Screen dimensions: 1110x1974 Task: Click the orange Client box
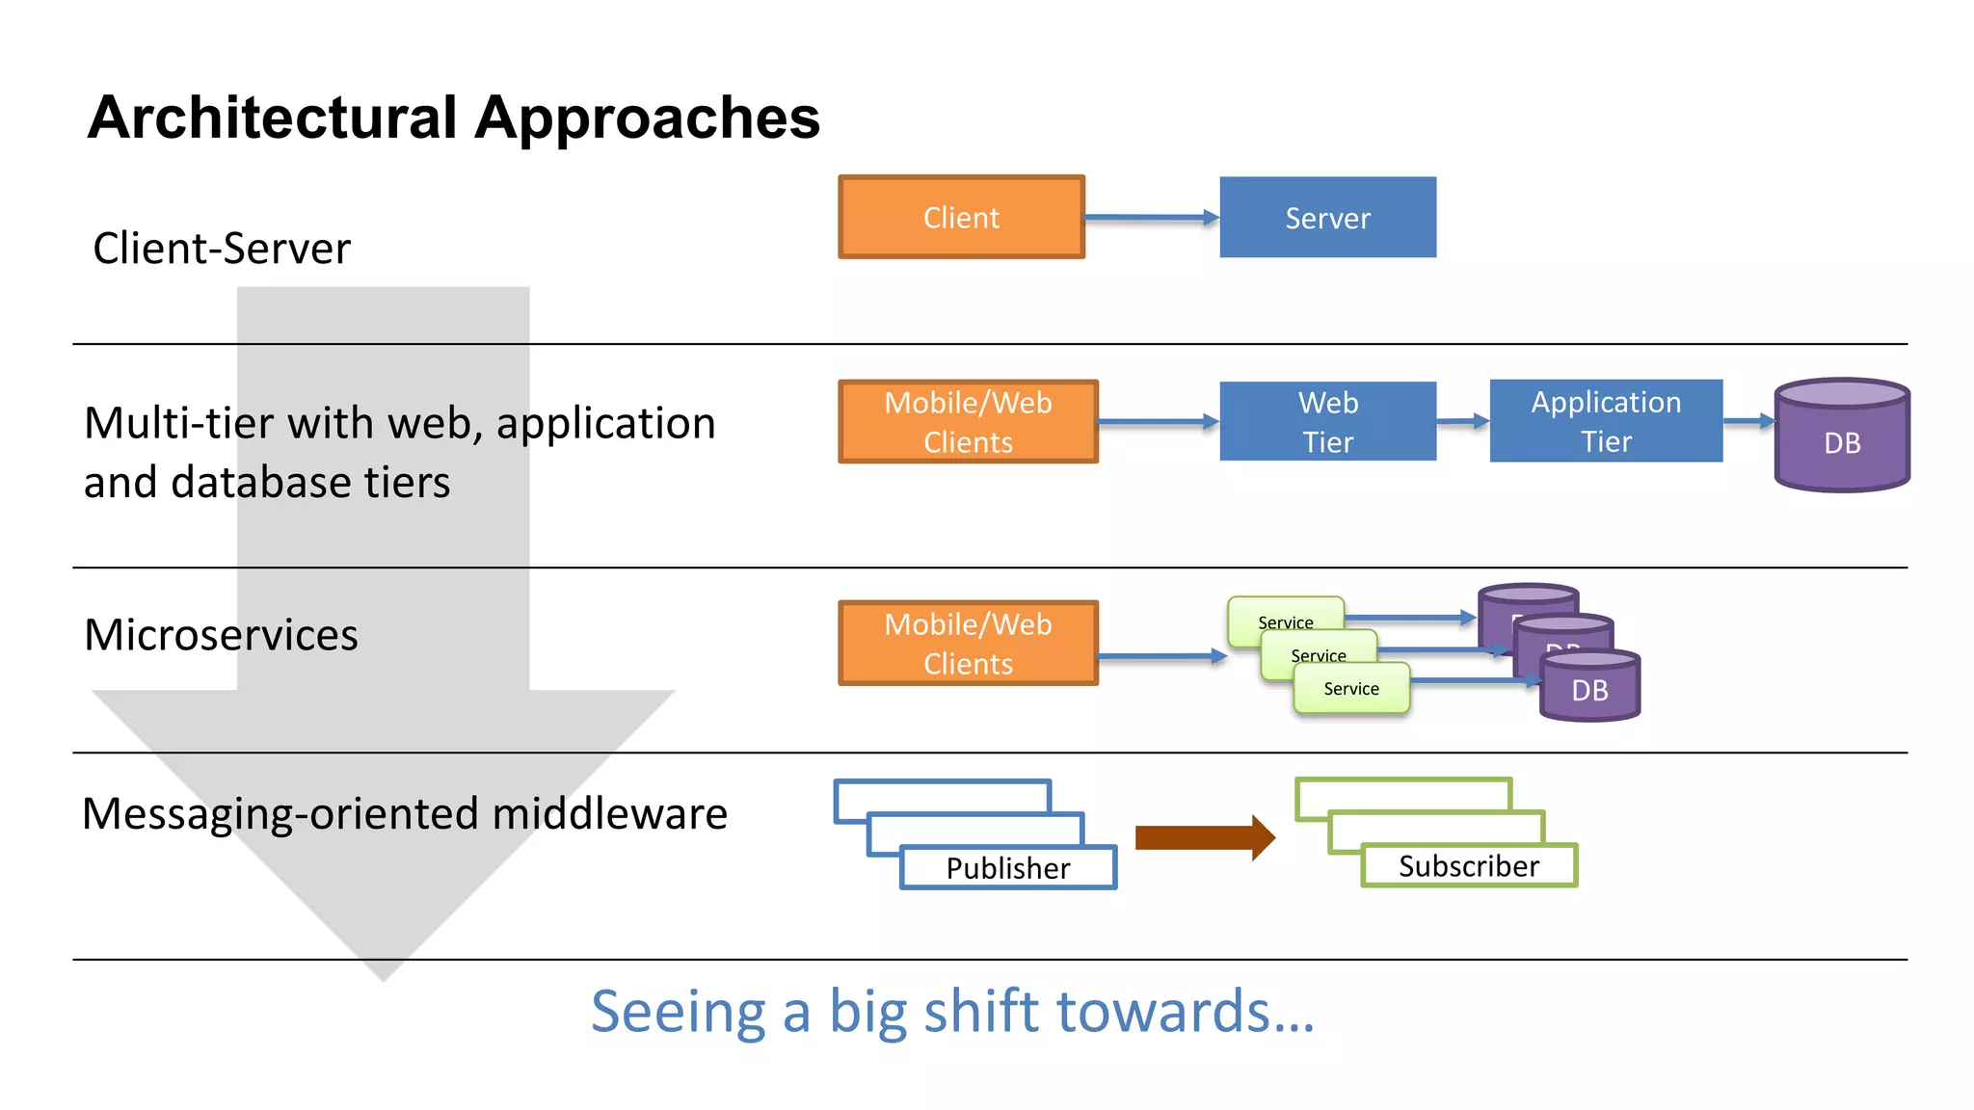pyautogui.click(x=961, y=217)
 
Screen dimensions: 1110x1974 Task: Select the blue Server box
pyautogui.click(x=1327, y=217)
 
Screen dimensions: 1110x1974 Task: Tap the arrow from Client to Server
pyautogui.click(x=1151, y=218)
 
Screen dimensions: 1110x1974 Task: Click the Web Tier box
pyautogui.click(x=1327, y=421)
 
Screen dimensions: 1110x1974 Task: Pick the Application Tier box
pyautogui.click(x=1606, y=421)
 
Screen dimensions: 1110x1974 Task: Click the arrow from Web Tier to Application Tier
pyautogui.click(x=1462, y=421)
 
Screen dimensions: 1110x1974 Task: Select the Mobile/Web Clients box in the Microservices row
pyautogui.click(x=968, y=643)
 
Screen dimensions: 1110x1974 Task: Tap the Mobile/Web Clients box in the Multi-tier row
pyautogui.click(x=968, y=421)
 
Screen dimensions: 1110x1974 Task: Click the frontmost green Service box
pyautogui.click(x=1351, y=689)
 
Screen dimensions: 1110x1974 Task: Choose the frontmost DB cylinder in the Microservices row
pyautogui.click(x=1589, y=688)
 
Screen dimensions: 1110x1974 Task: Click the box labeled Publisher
pyautogui.click(x=1008, y=868)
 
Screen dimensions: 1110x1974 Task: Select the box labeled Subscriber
pyautogui.click(x=1469, y=866)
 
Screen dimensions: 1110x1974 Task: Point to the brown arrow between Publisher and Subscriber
pyautogui.click(x=1205, y=837)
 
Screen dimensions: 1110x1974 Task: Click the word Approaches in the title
pyautogui.click(x=647, y=119)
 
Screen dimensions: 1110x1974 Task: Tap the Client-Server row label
pyautogui.click(x=222, y=249)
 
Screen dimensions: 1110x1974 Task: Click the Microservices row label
pyautogui.click(x=221, y=635)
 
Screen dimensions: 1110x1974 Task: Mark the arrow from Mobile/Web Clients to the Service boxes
pyautogui.click(x=1161, y=656)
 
